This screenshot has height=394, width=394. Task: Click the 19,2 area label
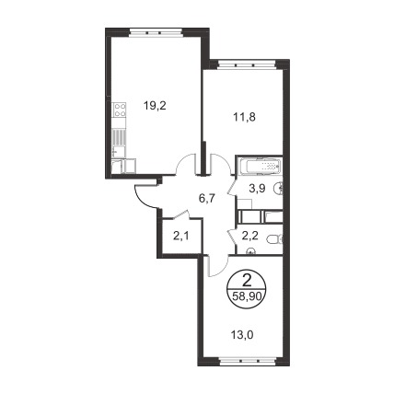155,106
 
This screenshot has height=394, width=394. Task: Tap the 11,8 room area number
245,117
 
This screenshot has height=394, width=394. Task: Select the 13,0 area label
242,335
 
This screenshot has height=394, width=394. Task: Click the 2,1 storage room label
180,237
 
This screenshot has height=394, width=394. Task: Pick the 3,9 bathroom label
257,189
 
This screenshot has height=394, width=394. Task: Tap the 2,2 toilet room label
250,236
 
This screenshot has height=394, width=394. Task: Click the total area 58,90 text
247,296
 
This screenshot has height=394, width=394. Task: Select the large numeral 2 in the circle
247,280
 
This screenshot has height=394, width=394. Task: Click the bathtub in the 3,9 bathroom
260,167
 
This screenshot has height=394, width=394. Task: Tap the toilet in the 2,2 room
274,238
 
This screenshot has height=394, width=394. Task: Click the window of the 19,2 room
156,32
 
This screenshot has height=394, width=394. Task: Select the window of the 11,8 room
246,64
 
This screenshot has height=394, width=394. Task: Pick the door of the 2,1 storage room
181,214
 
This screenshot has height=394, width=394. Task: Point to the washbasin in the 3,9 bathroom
279,188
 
